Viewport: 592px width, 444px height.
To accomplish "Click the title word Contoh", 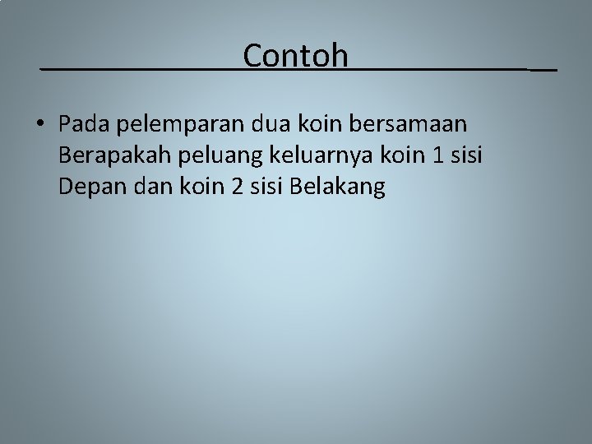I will [x=296, y=56].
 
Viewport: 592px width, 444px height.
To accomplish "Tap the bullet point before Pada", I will [x=40, y=125].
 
